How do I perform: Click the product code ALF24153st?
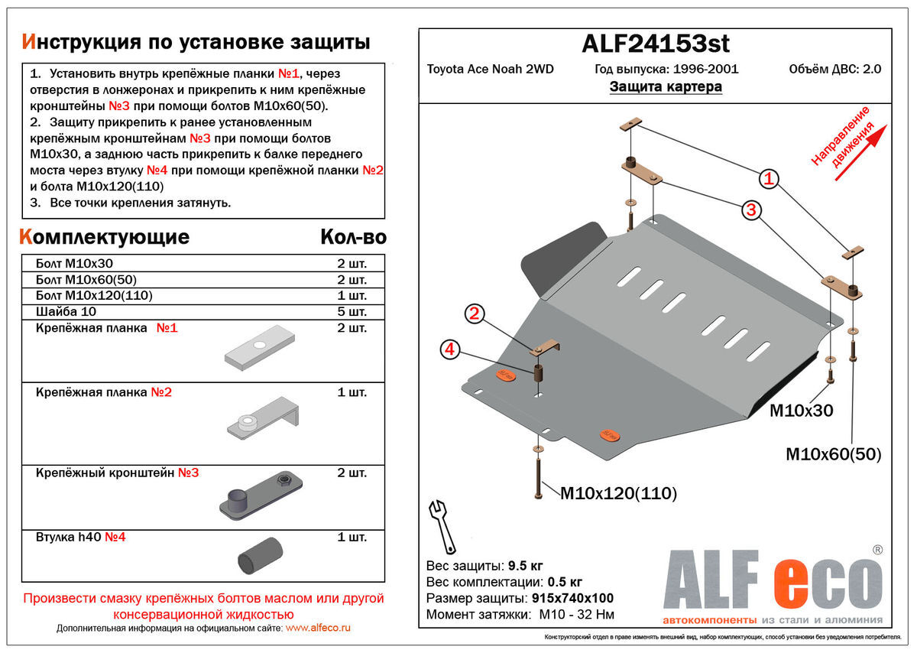pos(655,44)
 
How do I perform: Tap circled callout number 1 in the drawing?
pos(768,180)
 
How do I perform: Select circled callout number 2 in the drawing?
pos(474,313)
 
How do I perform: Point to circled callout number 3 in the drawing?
pos(752,210)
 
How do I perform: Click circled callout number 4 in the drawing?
pos(449,349)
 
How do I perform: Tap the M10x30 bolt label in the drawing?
pos(801,411)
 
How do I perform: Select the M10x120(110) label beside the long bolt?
pos(619,493)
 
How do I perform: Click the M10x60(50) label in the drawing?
pos(834,454)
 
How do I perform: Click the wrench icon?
pos(442,525)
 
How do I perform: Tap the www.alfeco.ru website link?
pos(318,628)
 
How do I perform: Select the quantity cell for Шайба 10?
pos(352,312)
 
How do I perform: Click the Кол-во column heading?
pos(353,237)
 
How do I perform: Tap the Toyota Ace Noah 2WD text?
pos(490,69)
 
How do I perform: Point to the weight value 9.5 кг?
pos(525,566)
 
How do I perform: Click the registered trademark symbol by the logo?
pos(878,549)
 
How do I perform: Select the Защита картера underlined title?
pos(666,87)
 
